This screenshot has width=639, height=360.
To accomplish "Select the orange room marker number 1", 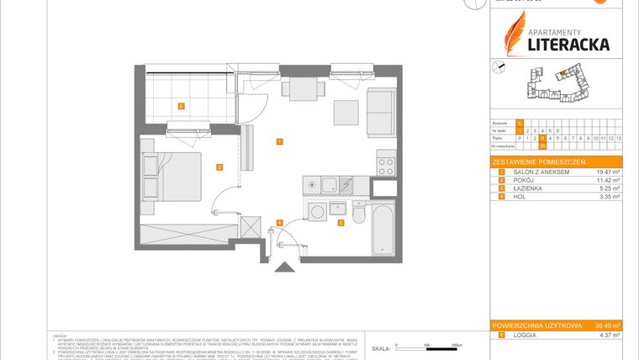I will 278,141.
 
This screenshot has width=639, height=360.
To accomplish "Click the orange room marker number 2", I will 219,167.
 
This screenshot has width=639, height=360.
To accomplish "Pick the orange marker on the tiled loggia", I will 181,105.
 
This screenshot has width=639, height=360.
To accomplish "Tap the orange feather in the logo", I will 513,34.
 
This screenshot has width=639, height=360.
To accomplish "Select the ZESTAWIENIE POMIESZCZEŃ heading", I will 538,161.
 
